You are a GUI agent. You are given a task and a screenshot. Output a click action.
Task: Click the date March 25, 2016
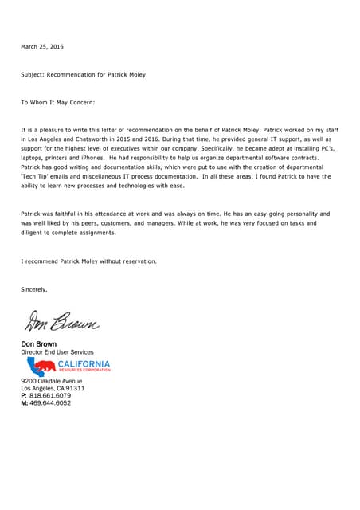tap(41, 47)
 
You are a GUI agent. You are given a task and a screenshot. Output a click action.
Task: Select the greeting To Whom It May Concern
tap(57, 103)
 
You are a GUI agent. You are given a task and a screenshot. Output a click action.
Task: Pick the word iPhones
tap(112, 158)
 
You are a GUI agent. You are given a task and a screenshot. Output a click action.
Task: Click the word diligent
tap(36, 233)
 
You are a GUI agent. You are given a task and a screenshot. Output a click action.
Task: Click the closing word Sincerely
tap(34, 289)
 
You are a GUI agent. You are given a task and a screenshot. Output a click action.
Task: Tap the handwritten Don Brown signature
tap(64, 322)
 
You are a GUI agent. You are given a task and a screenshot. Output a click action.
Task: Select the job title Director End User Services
tap(57, 352)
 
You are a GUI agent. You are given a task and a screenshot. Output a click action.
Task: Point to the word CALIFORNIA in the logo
tap(84, 364)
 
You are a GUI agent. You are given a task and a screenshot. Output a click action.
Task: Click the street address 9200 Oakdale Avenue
tap(51, 381)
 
